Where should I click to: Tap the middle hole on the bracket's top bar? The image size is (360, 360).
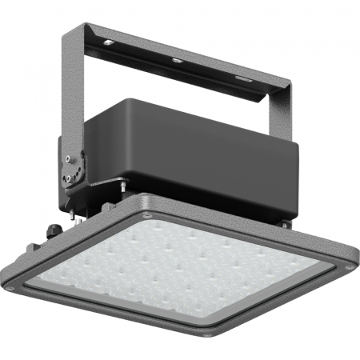(176, 60)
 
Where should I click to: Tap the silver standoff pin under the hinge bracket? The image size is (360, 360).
(124, 190)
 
